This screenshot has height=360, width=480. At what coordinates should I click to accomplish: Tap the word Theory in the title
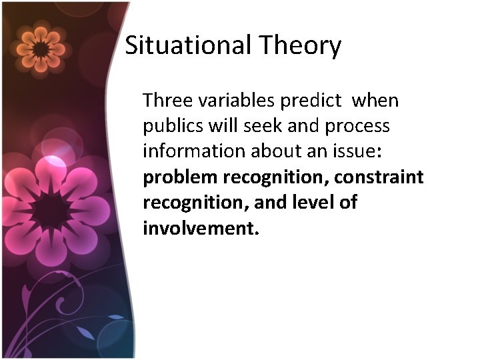(x=301, y=46)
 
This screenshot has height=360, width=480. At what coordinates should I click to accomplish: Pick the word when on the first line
(x=375, y=101)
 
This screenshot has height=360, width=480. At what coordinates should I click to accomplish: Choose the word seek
(x=261, y=126)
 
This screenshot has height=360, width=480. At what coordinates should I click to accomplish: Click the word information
(x=193, y=151)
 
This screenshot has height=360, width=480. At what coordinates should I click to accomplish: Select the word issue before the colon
(x=355, y=151)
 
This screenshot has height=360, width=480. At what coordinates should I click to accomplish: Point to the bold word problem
(x=180, y=177)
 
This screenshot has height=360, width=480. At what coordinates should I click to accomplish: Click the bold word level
(x=311, y=203)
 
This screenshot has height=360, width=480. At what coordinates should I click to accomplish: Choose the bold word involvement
(x=200, y=229)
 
